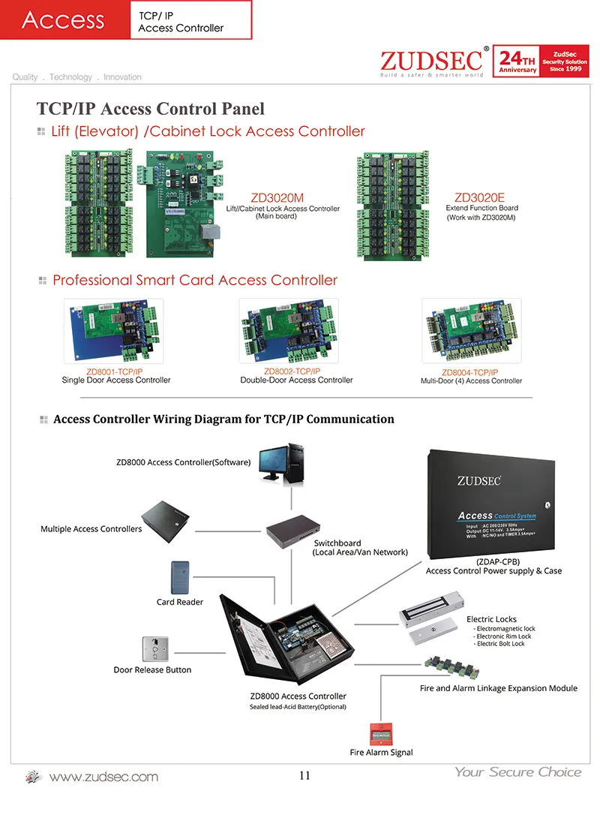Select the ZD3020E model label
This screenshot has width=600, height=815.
480,198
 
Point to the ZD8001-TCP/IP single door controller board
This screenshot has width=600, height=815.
113,331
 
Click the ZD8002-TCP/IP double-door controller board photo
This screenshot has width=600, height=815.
289,331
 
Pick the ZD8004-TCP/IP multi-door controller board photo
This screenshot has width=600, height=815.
471,331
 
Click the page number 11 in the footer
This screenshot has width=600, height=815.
304,776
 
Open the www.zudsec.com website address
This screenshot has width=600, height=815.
103,777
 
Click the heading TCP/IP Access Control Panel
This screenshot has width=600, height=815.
151,109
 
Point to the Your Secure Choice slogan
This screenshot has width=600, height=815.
517,771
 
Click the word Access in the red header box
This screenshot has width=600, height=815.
63,20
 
